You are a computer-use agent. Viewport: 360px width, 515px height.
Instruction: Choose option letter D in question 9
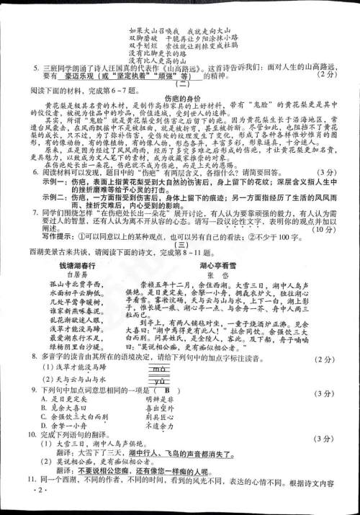coord(45,426)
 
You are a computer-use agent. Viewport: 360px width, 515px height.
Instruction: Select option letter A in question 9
coord(45,399)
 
